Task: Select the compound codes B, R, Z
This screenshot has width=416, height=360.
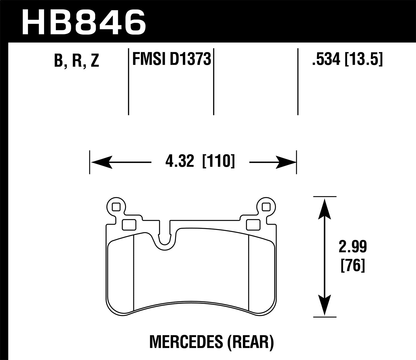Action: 77,61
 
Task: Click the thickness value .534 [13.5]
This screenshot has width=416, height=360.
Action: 347,59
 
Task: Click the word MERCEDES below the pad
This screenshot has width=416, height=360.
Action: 186,342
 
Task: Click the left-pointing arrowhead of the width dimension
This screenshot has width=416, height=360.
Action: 101,162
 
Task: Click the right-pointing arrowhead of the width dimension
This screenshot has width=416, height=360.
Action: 286,162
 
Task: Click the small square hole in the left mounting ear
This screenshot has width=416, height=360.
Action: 116,207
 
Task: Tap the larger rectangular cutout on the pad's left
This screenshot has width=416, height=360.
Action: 129,225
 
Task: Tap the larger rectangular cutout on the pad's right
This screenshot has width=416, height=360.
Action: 253,225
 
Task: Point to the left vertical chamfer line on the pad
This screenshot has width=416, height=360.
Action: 134,272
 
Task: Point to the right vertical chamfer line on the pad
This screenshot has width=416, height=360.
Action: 249,272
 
